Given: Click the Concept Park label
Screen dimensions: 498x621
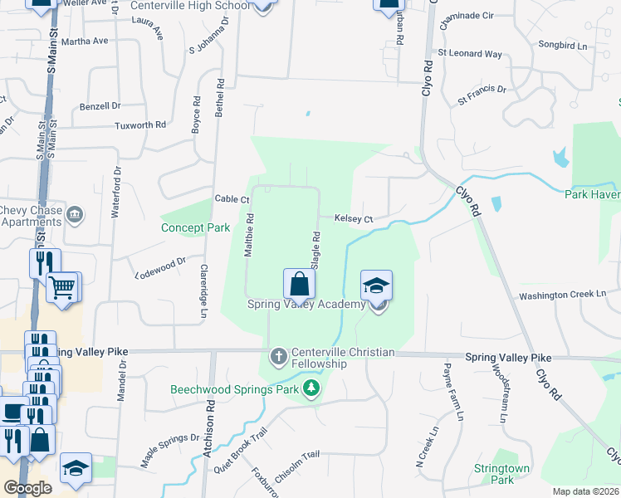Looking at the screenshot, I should click(x=194, y=227).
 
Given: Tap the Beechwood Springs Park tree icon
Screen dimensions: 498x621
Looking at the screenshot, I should click(x=311, y=388).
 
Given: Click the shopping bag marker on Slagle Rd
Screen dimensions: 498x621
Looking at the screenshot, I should click(x=299, y=284).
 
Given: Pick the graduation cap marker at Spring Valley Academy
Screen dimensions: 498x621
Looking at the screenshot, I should click(x=376, y=286).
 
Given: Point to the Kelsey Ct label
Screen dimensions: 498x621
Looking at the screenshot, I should click(x=354, y=219).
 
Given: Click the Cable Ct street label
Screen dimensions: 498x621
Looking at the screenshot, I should click(x=232, y=199).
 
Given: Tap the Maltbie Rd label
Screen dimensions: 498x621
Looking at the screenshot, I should click(x=249, y=235).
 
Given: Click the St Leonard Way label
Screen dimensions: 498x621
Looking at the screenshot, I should click(x=470, y=54).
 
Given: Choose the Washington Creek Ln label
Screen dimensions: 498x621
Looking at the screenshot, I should click(x=564, y=294).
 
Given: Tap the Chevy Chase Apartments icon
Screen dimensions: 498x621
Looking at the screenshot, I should click(x=76, y=216).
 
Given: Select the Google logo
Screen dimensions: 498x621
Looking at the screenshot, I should click(x=27, y=488).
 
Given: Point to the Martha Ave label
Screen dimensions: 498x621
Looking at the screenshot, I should click(x=85, y=41).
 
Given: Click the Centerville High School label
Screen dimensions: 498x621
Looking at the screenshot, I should click(x=190, y=6).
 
